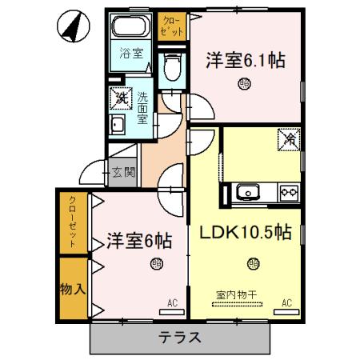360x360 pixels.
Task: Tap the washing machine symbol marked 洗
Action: (x=121, y=98)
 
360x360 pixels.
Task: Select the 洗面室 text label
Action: (x=142, y=105)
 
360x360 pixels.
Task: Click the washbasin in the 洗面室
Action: (x=118, y=126)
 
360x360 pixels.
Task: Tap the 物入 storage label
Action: (x=73, y=287)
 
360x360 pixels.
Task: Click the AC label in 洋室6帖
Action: (x=172, y=302)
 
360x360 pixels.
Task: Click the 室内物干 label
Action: (x=236, y=294)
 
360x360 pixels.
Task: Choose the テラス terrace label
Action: (x=181, y=337)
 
